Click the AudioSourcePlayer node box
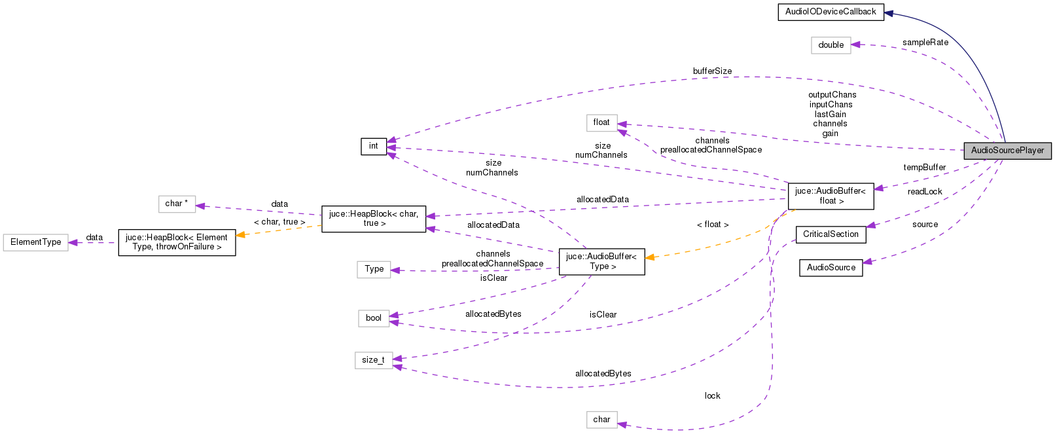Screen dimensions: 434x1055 (x=1007, y=151)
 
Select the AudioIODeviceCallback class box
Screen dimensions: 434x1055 (x=831, y=12)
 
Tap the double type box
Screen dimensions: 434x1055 (x=831, y=45)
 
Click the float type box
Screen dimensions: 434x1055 (x=601, y=122)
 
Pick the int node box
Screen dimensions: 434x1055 (x=373, y=146)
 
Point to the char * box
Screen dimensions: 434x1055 (x=177, y=204)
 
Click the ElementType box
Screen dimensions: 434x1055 (x=35, y=242)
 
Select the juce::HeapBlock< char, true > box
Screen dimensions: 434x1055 (x=373, y=219)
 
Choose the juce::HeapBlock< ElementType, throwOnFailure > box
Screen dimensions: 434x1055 (x=177, y=242)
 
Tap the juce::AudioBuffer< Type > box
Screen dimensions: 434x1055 (x=601, y=261)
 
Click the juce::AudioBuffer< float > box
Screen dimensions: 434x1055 (x=831, y=196)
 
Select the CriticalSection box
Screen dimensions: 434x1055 (x=831, y=234)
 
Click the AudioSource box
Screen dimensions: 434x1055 (x=831, y=268)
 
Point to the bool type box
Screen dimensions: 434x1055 (x=373, y=318)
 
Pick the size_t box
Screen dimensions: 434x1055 (x=373, y=360)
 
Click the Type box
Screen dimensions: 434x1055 (x=374, y=269)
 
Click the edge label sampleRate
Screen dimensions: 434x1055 (x=925, y=43)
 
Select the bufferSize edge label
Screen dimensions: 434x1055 (x=712, y=71)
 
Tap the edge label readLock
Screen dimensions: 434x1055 (x=924, y=192)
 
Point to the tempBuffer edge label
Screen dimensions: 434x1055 (x=924, y=168)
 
